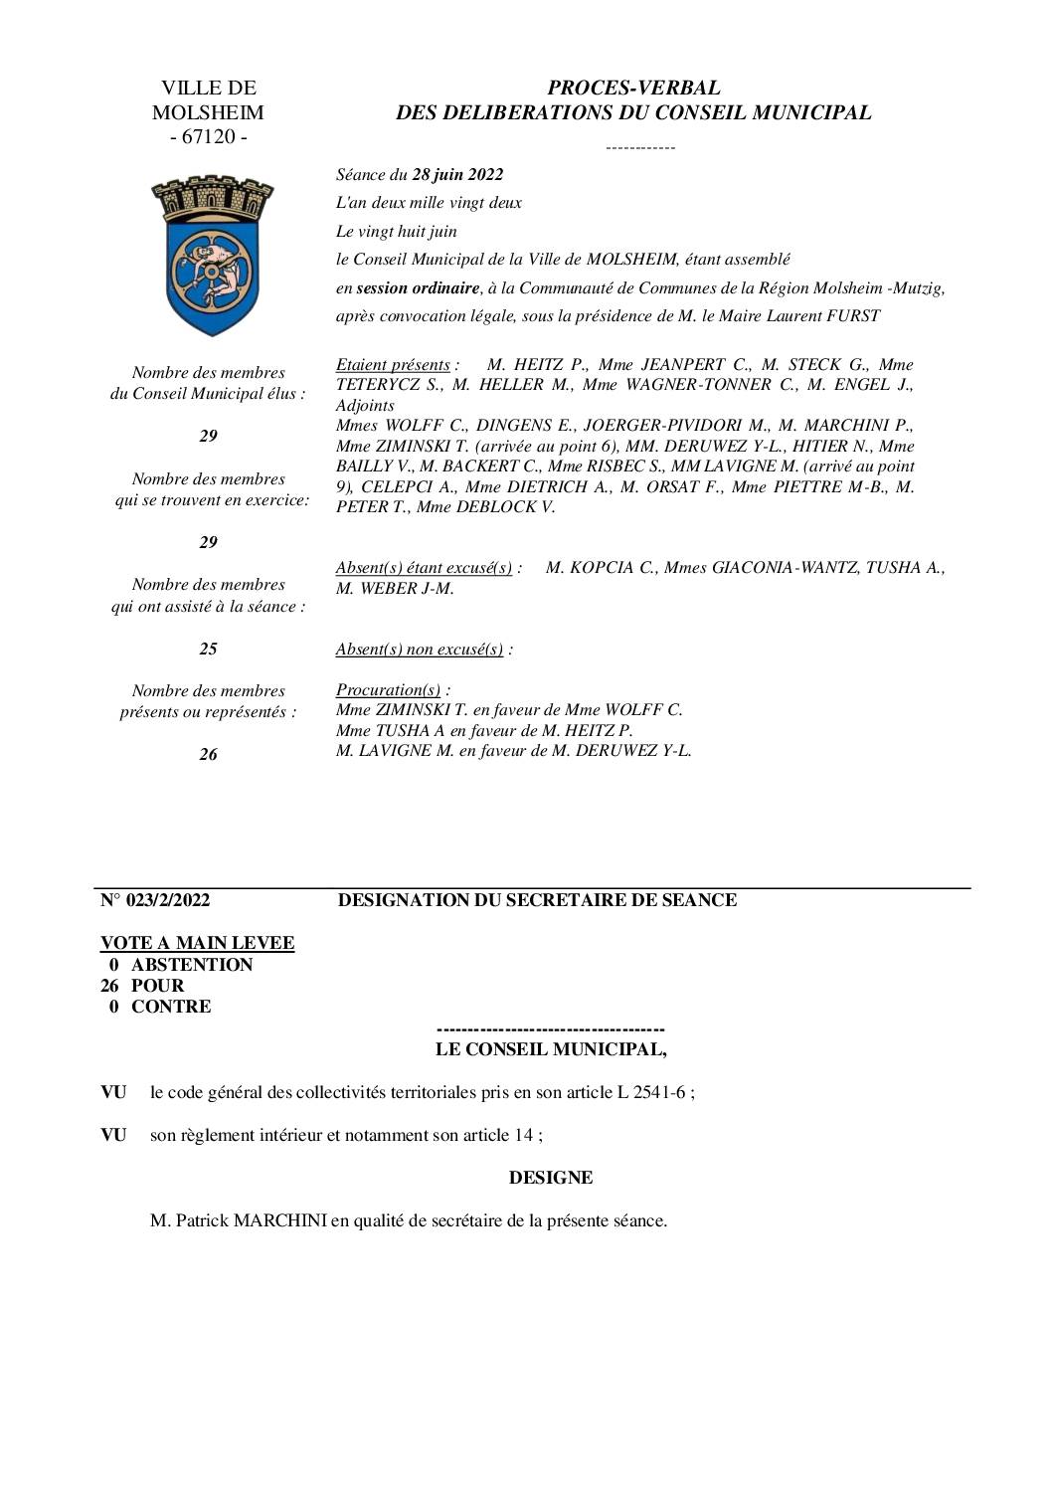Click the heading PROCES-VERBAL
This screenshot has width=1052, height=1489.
(x=633, y=89)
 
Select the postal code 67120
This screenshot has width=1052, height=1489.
(x=209, y=136)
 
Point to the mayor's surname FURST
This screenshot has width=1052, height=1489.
(x=854, y=316)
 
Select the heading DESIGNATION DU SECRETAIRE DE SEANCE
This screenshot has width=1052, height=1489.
(x=537, y=900)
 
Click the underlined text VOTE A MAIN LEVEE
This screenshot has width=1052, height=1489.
(x=197, y=943)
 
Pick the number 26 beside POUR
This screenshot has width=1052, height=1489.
(x=110, y=986)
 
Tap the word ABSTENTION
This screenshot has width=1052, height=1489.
(x=192, y=965)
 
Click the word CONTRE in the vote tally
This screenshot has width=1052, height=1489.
(x=171, y=1007)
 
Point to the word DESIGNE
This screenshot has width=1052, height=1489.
(x=551, y=1178)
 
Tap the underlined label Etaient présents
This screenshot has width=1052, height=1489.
(x=393, y=365)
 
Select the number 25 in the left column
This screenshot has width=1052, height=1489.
(x=208, y=649)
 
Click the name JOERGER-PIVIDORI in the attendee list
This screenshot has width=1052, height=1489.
(x=651, y=426)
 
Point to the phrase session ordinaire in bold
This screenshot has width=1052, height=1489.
(x=417, y=288)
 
